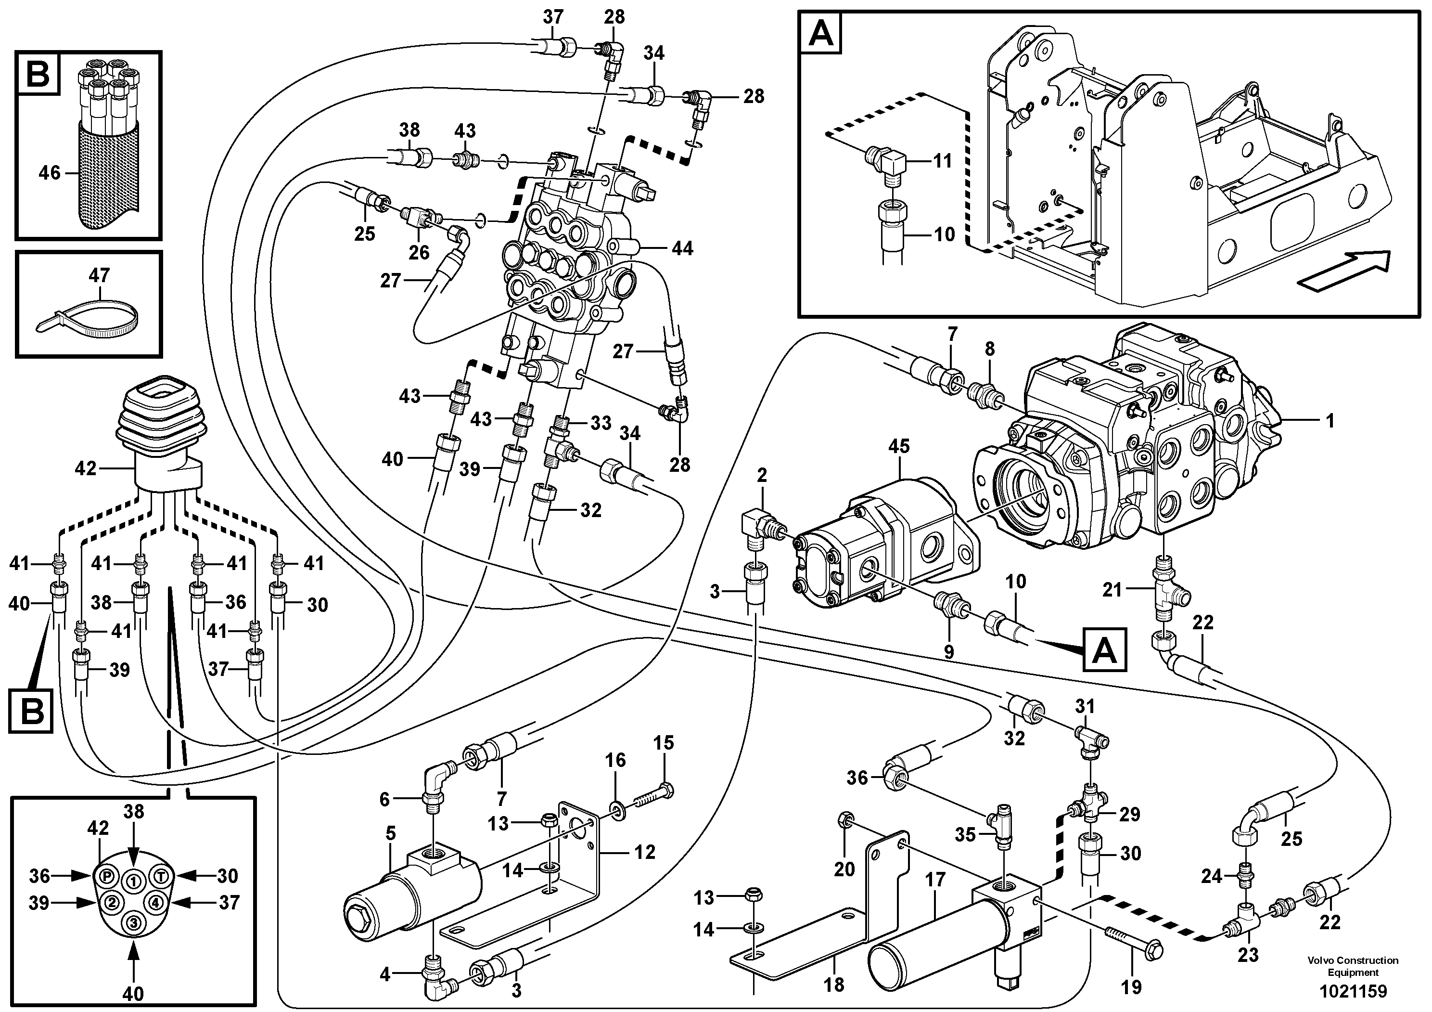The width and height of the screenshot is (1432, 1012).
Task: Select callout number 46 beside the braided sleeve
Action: point(49,172)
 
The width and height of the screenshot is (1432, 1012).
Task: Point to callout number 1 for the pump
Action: point(1330,421)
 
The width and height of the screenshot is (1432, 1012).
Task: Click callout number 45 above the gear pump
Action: point(899,446)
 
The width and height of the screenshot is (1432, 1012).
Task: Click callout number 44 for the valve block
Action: point(682,249)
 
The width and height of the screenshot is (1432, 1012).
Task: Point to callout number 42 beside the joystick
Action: point(86,468)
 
